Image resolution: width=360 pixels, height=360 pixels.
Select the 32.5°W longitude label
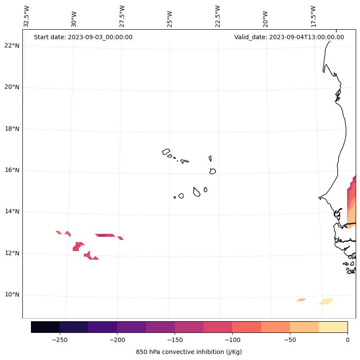pos(27,16)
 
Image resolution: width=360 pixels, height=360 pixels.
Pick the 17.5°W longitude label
pos(314,16)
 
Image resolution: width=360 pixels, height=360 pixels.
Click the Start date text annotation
pos(83,37)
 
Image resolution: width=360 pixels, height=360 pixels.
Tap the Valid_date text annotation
pos(289,37)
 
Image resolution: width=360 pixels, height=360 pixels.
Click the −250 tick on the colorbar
pos(59,340)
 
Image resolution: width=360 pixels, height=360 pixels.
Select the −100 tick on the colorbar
pos(232,340)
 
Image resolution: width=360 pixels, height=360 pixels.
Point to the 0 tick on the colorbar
pos(348,340)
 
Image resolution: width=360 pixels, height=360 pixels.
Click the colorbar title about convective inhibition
pos(189,352)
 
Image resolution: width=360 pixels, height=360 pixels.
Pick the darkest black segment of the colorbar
pos(45,327)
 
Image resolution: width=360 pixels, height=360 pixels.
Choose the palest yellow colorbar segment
pos(333,327)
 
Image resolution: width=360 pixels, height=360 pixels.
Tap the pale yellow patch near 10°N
pos(326,301)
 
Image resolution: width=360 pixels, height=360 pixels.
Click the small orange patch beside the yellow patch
pos(301,300)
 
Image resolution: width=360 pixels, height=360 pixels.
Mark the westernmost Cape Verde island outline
pos(166,152)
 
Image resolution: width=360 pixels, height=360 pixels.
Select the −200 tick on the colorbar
pos(117,340)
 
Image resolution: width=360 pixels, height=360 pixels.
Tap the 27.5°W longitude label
pos(122,16)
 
